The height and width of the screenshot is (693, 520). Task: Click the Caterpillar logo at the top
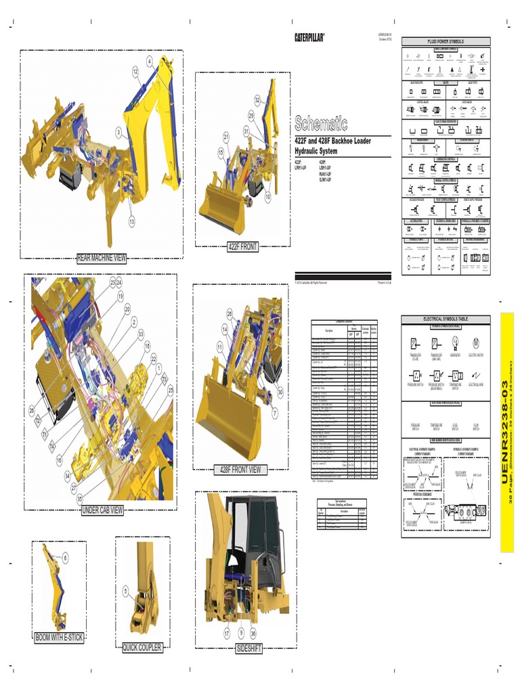click(x=309, y=37)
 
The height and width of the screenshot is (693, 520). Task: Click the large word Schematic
click(x=320, y=123)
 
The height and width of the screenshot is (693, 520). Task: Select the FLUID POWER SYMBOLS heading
click(x=446, y=41)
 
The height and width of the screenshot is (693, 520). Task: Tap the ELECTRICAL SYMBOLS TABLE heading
click(x=446, y=319)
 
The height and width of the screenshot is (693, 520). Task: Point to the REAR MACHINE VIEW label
click(x=102, y=257)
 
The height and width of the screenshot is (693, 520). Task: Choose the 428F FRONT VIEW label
click(x=240, y=470)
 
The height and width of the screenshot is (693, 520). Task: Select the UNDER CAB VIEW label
click(x=102, y=510)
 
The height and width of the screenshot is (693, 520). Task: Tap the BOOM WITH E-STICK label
click(x=59, y=638)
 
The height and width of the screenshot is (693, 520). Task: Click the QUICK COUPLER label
click(x=142, y=648)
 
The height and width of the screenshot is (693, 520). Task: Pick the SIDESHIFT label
click(x=248, y=649)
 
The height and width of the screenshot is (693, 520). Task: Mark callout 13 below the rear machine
click(x=131, y=221)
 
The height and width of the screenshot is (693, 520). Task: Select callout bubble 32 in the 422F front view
click(x=258, y=100)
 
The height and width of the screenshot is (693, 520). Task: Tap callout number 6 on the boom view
click(x=65, y=558)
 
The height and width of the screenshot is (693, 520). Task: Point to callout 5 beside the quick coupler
click(x=125, y=590)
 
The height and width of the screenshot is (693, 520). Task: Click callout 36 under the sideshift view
click(x=253, y=633)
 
